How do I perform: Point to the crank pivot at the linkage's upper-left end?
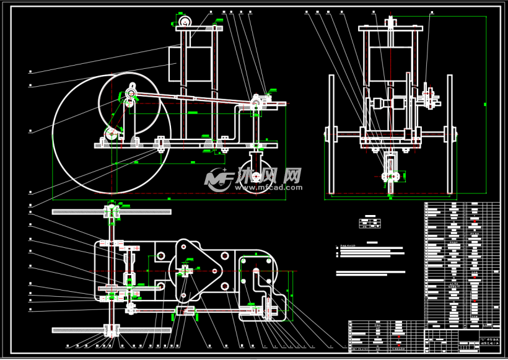(131, 93)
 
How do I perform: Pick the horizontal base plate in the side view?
(186, 146)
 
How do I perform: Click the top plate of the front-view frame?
(390, 29)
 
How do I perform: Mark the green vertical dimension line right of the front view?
(486, 105)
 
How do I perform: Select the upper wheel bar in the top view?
(112, 212)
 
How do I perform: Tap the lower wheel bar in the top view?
(112, 328)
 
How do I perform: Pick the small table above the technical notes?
(370, 222)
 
